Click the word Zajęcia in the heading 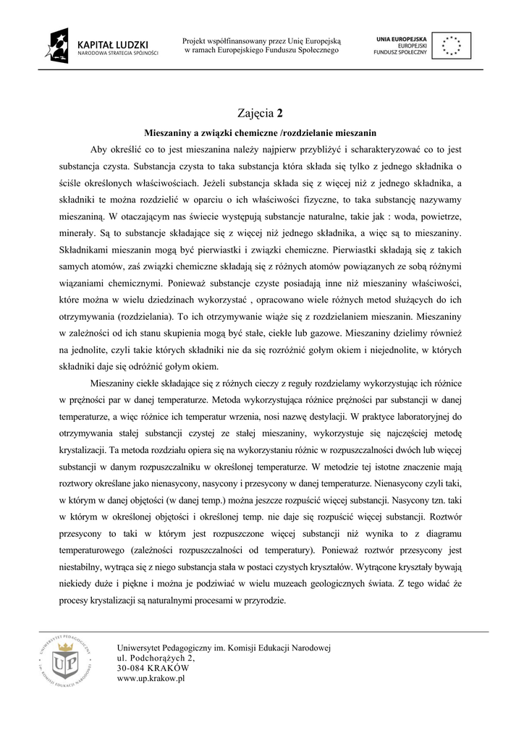[255, 113]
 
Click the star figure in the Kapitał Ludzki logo [59, 45]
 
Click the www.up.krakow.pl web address [151, 679]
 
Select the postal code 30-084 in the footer [130, 669]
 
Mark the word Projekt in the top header [196, 41]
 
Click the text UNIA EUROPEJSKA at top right [402, 37]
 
